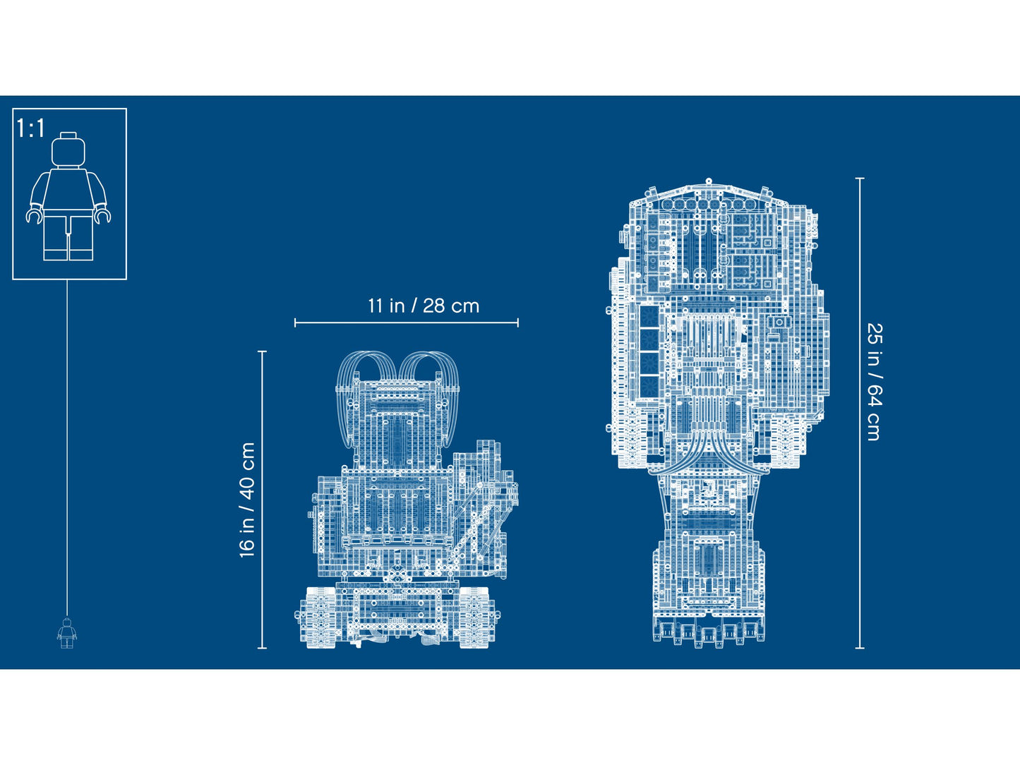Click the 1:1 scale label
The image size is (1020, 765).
pyautogui.click(x=31, y=128)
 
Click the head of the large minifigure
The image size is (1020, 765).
pyautogui.click(x=68, y=150)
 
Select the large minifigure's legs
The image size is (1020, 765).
pyautogui.click(x=68, y=237)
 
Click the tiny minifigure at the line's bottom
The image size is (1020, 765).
pyautogui.click(x=67, y=632)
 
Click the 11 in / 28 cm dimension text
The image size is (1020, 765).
pyautogui.click(x=423, y=306)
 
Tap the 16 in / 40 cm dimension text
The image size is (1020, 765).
pyautogui.click(x=247, y=500)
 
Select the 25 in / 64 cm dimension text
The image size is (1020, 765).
pyautogui.click(x=874, y=382)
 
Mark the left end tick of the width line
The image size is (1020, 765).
pyautogui.click(x=295, y=323)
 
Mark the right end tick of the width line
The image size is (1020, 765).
pyautogui.click(x=518, y=323)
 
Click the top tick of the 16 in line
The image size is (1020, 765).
pyautogui.click(x=263, y=351)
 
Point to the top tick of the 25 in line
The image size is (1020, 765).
pyautogui.click(x=860, y=179)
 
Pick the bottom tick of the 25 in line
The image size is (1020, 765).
pyautogui.click(x=860, y=648)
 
